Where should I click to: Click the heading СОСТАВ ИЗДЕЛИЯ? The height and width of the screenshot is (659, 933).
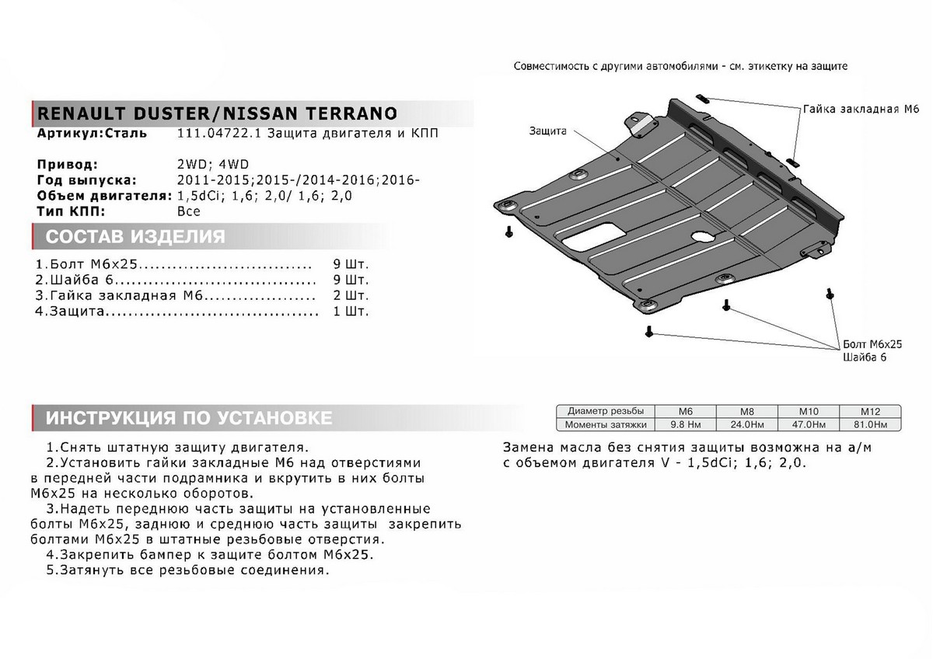135,236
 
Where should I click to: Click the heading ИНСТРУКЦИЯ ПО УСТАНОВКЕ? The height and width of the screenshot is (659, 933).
189,418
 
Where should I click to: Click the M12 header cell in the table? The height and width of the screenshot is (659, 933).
869,411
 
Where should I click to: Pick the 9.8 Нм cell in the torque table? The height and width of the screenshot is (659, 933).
686,425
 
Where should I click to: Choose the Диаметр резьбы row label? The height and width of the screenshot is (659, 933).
605,411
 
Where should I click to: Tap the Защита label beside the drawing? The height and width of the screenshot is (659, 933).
548,130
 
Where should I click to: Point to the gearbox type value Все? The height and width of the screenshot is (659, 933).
188,211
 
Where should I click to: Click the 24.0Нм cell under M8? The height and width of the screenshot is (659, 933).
746,425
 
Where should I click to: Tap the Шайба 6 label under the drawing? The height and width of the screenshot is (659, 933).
865,357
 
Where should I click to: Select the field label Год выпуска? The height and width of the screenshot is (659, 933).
86,180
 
